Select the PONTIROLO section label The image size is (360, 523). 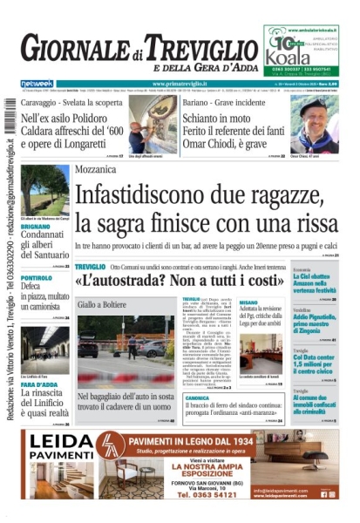(37, 277)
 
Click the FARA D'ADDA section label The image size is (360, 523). (39, 384)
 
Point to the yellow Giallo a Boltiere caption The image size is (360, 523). (102, 305)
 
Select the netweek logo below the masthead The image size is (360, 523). (37, 84)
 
